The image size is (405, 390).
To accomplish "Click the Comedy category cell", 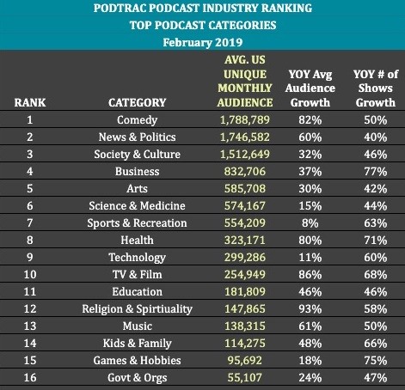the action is click(x=137, y=120).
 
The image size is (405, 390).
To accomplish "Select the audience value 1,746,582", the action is click(x=245, y=137).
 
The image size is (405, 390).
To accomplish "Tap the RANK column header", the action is click(x=30, y=102).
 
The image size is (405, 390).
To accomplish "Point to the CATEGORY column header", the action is click(x=137, y=102).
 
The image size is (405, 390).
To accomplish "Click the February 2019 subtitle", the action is click(x=203, y=42).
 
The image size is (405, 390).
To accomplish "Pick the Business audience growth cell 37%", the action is click(x=310, y=172).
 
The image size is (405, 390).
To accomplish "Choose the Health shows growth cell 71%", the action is click(x=376, y=241).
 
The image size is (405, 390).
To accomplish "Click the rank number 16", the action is click(x=30, y=377).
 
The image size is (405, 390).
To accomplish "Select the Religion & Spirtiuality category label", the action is click(x=137, y=309).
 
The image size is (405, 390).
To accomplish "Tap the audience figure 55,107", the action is click(x=245, y=378).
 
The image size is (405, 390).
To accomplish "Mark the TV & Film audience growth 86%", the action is click(x=310, y=275).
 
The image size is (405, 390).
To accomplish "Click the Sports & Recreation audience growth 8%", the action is click(x=310, y=223).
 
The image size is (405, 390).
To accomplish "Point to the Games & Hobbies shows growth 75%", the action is click(x=376, y=361).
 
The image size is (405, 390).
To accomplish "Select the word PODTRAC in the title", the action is click(x=120, y=8).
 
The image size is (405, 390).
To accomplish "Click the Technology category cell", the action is click(x=137, y=258).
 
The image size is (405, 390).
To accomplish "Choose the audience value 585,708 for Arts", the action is click(x=245, y=189).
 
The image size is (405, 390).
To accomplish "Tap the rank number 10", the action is click(x=30, y=274).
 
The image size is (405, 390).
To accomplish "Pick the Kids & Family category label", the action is click(x=137, y=344).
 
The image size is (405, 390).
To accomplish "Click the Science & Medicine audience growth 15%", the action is click(x=310, y=206).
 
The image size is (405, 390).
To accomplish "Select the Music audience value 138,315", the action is click(x=245, y=326).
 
